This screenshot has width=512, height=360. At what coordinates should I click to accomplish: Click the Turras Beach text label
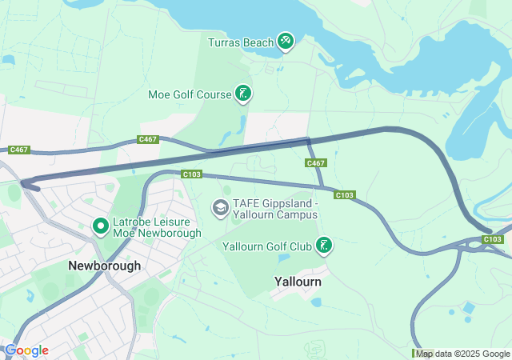240,42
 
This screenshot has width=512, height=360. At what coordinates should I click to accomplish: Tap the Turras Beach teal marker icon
286,41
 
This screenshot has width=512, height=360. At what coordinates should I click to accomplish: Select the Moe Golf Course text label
189,94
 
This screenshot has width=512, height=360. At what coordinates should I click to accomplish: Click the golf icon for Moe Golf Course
243,94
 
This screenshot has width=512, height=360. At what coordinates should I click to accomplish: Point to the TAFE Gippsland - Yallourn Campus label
276,209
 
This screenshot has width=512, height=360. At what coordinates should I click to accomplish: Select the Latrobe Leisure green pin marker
101,226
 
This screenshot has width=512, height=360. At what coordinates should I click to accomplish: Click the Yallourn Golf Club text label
267,246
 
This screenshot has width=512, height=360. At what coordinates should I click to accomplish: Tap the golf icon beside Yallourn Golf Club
324,246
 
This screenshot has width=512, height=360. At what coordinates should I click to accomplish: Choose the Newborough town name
105,266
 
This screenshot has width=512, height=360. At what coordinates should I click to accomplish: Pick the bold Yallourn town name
298,282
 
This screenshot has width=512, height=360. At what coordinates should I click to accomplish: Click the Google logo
26,350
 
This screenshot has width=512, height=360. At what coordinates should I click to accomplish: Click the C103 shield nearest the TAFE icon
191,174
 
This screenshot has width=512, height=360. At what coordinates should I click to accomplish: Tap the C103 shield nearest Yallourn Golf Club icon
344,194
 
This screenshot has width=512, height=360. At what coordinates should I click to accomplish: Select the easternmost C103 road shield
494,239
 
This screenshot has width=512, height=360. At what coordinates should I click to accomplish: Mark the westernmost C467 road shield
19,150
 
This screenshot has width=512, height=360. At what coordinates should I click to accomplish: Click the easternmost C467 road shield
316,163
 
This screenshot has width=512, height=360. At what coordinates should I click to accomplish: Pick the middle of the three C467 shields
148,139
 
